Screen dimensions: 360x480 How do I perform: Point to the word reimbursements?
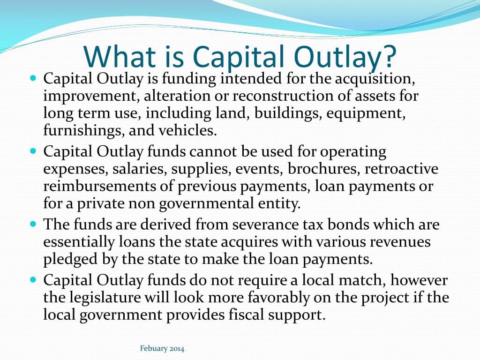97,186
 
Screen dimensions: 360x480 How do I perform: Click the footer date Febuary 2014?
162,348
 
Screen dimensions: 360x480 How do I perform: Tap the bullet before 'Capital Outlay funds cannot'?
33,152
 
